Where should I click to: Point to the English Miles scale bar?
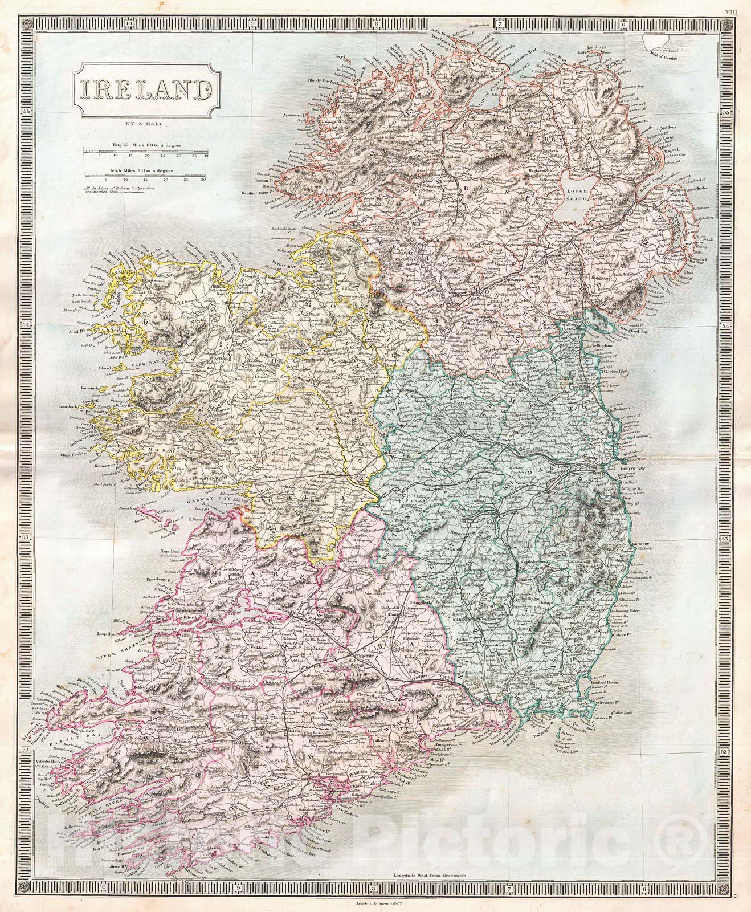(x=145, y=150)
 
